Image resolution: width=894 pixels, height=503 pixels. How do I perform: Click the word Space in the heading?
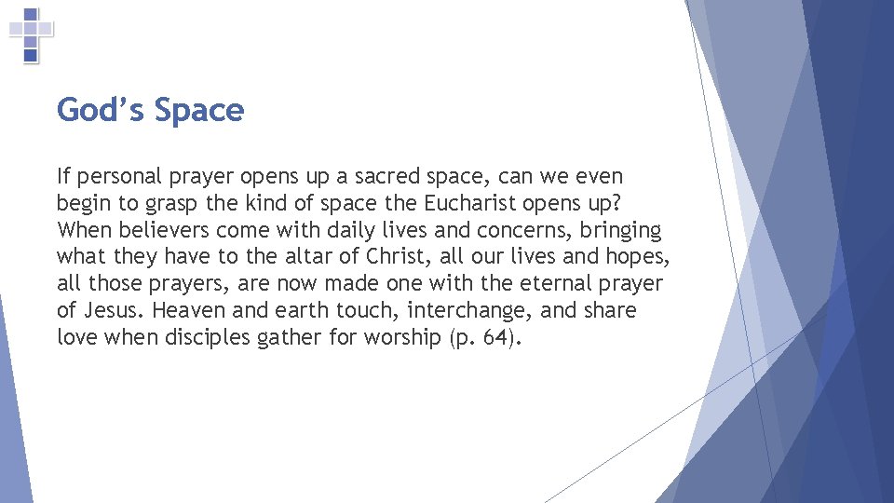[x=198, y=111]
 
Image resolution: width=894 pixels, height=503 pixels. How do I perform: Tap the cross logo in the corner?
[x=31, y=35]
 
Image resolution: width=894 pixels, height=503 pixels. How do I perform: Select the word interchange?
[x=461, y=311]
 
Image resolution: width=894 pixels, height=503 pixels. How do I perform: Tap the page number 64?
[x=497, y=338]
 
